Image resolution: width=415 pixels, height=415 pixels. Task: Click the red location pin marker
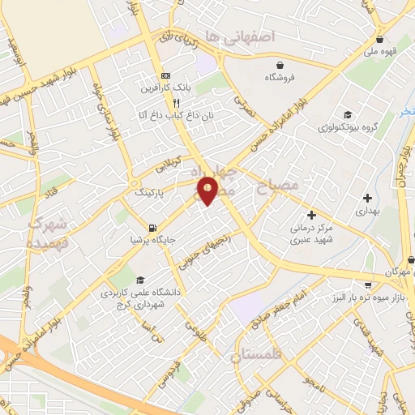point(208,190)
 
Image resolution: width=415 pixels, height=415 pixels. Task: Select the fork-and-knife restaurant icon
point(176,103)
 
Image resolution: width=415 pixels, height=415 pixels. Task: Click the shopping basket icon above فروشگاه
point(280,64)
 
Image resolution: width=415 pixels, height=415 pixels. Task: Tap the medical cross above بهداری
point(367,197)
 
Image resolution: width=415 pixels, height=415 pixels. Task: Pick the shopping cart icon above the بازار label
point(370,285)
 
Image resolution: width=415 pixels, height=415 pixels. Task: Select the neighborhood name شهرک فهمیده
point(45,232)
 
